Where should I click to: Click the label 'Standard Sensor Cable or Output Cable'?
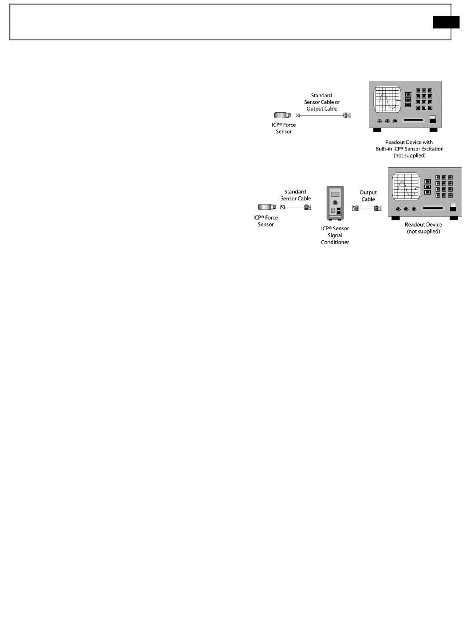[x=321, y=102]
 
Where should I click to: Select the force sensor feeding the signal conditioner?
[x=266, y=207]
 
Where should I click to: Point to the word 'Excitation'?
[x=429, y=149]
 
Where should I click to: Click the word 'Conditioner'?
[x=335, y=242]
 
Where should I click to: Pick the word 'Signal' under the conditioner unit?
[x=335, y=235]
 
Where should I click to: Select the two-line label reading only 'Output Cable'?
[x=368, y=196]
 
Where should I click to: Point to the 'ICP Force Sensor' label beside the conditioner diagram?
[x=266, y=221]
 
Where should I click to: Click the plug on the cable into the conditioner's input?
[x=308, y=207]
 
